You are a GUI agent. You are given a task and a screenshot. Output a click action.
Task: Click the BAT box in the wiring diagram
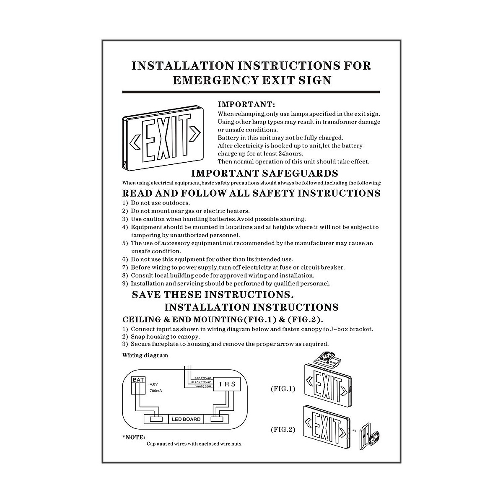click(x=138, y=380)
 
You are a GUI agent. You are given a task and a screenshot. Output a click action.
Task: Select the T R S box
click(x=227, y=384)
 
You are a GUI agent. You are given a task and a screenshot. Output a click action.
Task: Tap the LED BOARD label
click(x=186, y=419)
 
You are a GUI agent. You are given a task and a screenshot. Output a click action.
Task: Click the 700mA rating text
click(x=156, y=391)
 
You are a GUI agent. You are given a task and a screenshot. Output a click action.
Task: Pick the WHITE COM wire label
click(x=203, y=386)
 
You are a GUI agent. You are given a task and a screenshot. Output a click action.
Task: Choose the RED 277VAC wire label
click(x=203, y=378)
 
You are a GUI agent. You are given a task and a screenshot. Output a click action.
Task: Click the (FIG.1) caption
click(x=283, y=389)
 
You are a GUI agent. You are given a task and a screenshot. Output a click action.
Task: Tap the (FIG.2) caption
click(x=283, y=430)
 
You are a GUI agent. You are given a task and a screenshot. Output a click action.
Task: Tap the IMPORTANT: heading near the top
click(x=246, y=104)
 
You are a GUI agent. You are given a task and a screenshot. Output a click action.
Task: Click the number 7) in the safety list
click(x=125, y=267)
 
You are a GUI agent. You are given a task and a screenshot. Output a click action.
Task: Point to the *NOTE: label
click(x=134, y=437)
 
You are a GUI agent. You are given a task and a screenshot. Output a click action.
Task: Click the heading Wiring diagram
click(x=145, y=355)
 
